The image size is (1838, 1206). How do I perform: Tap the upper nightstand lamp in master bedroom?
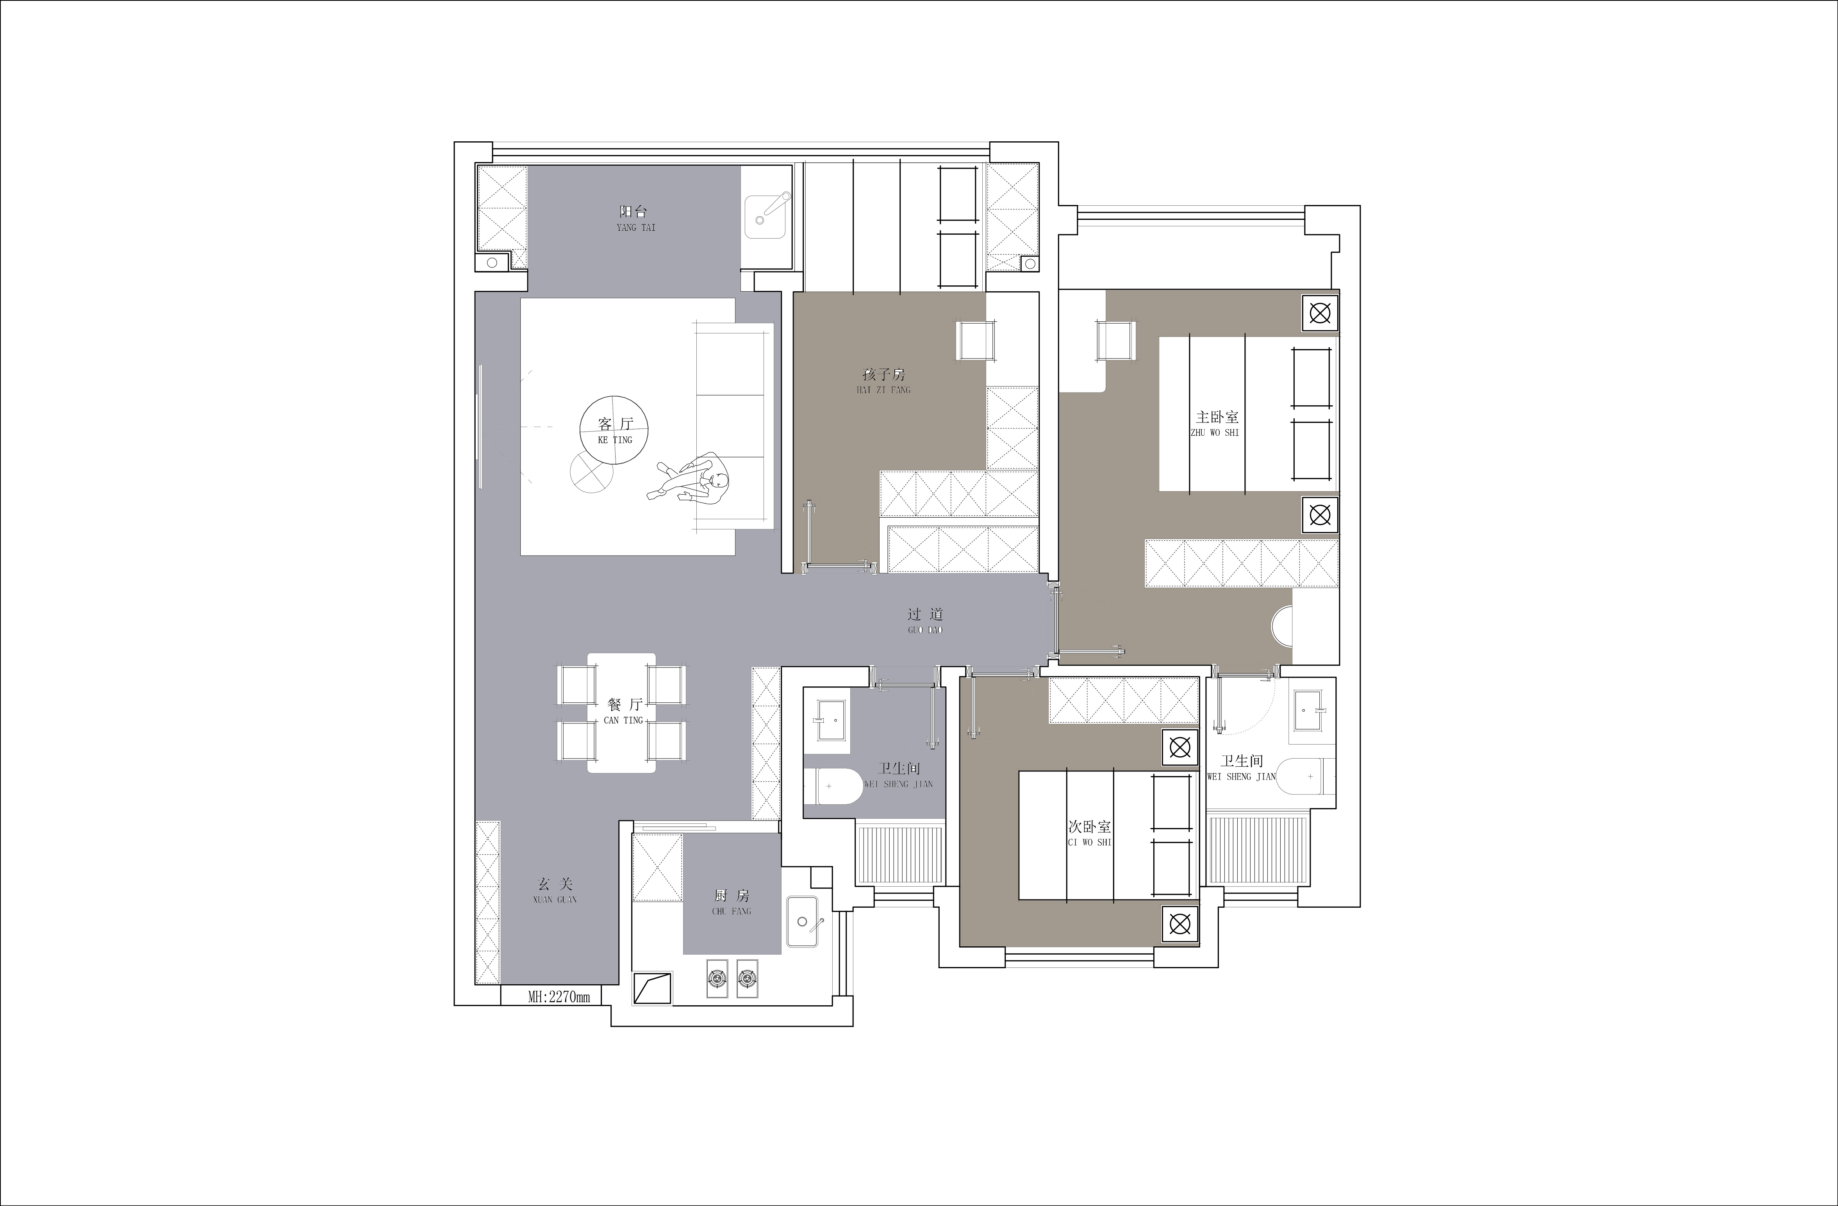(x=1320, y=314)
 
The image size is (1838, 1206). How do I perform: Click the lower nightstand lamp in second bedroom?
(x=1179, y=923)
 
